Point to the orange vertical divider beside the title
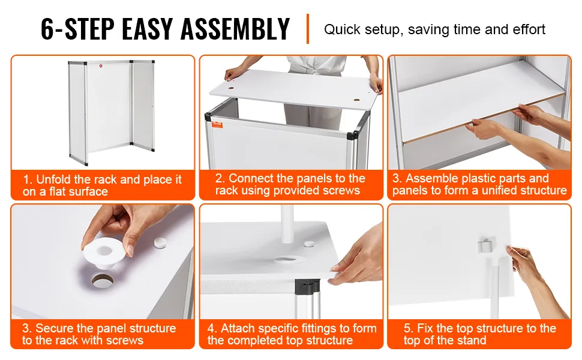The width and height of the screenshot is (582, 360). click(308, 29)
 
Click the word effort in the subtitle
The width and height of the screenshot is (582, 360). click(529, 29)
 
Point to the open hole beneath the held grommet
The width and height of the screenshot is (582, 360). click(102, 280)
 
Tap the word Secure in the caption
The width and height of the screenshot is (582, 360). click(55, 328)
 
